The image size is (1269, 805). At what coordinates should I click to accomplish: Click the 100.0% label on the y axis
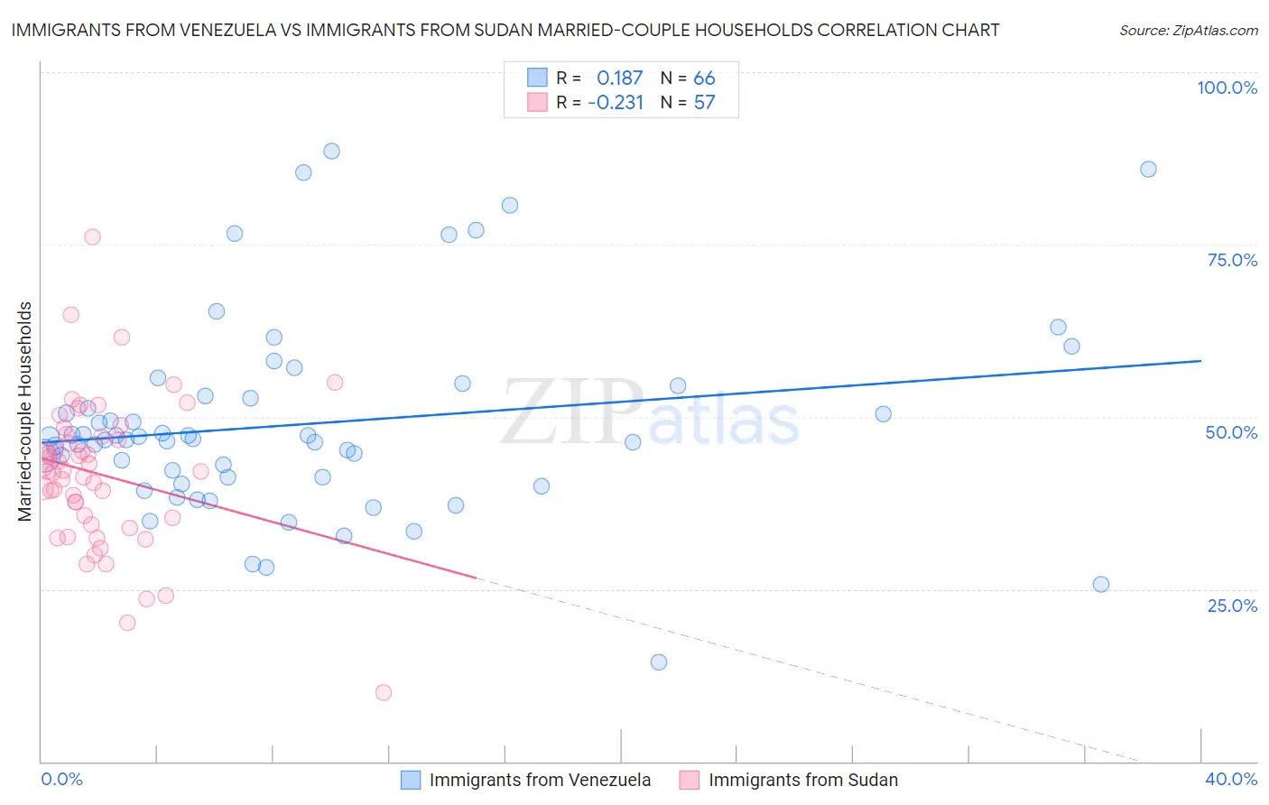1227,88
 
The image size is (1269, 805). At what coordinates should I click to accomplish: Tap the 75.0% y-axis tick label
1232,260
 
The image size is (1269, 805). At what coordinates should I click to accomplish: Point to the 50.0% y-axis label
1231,432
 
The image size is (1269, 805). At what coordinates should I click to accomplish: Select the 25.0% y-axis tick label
1232,605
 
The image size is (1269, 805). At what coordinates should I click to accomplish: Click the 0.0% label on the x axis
61,779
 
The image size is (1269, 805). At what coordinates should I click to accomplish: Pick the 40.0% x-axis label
1231,779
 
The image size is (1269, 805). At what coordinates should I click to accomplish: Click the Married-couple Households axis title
25,412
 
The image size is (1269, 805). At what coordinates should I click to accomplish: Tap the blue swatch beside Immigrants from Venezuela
411,780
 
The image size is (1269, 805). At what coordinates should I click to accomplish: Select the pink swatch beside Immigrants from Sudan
690,780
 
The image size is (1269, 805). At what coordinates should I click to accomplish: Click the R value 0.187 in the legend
619,78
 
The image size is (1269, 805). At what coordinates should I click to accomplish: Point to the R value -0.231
616,103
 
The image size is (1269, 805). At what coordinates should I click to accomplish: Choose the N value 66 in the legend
704,78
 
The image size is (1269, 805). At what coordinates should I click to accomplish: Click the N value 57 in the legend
704,103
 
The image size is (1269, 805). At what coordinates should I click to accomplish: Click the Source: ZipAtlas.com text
1188,31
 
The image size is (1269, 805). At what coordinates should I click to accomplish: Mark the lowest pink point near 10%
384,693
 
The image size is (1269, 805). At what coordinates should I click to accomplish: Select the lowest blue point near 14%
659,662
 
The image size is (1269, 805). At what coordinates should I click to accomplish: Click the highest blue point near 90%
331,152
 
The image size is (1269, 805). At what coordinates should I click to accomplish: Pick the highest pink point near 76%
92,237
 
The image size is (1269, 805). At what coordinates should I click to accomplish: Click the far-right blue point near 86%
1148,170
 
